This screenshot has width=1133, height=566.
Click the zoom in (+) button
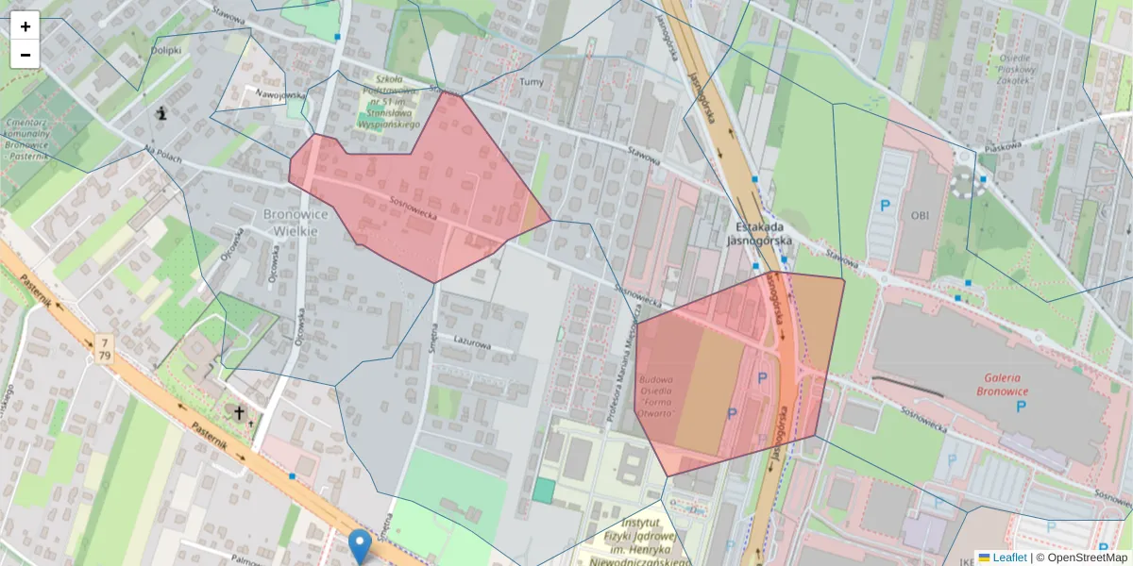25,26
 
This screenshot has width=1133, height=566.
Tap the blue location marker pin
359,545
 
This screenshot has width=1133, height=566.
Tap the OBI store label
920,215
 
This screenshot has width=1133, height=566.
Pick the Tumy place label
532,82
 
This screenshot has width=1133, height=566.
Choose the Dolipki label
165,50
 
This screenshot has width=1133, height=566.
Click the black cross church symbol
240,412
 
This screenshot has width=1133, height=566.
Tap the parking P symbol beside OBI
885,205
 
